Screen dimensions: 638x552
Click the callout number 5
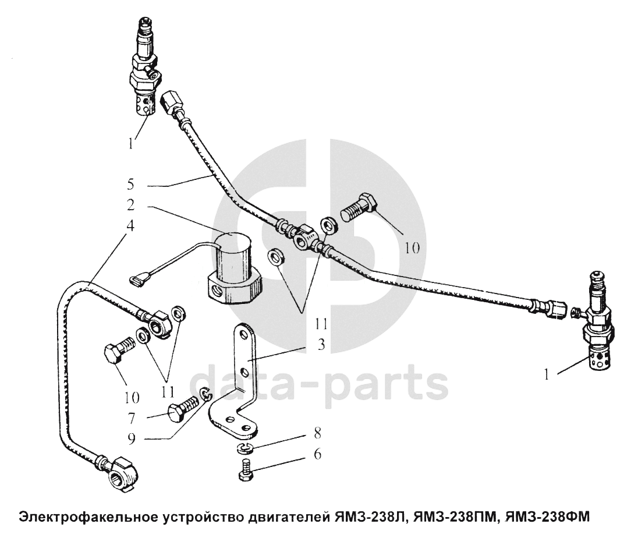130,185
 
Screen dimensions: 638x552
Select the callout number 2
130,205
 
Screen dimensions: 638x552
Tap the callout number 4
130,225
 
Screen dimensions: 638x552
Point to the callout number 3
321,344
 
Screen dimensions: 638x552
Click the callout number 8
317,433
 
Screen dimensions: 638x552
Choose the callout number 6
317,454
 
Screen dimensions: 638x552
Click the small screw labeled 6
245,470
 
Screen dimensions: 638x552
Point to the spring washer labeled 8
245,448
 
